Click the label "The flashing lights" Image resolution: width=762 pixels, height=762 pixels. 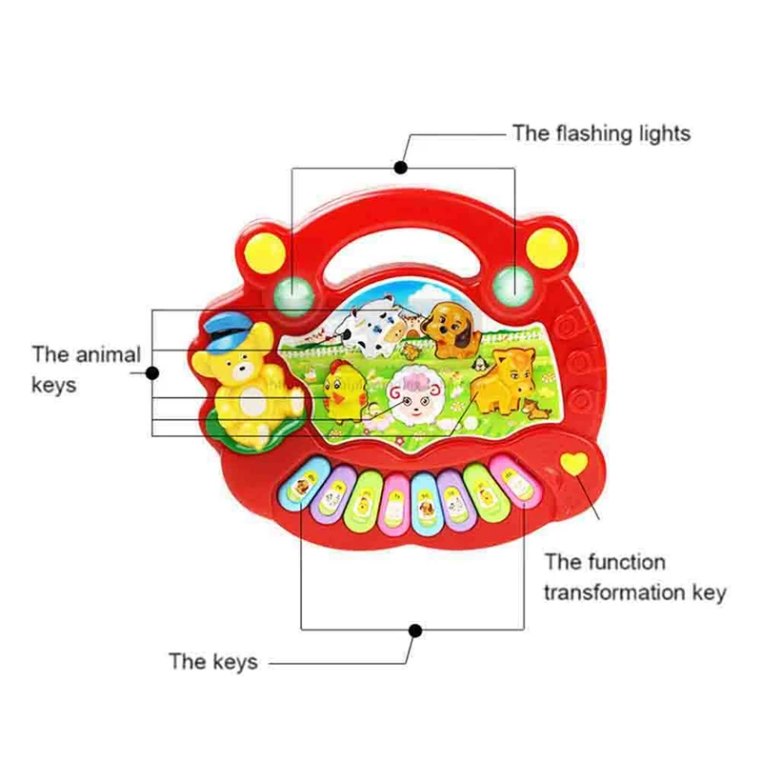601,133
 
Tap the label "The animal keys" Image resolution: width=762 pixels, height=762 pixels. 86,370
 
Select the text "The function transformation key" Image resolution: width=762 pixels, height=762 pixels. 635,577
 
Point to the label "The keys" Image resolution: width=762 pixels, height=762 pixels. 212,661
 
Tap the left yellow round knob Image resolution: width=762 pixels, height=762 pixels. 265,252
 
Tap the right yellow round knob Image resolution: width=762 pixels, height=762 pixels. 547,248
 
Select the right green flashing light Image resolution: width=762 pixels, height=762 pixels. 513,287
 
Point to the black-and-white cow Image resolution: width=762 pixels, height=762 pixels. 371,327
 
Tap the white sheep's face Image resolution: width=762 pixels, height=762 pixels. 415,398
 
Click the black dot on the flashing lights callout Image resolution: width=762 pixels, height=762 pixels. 400,168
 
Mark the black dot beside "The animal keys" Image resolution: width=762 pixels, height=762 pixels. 152,373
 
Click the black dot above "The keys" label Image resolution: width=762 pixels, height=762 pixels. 415,631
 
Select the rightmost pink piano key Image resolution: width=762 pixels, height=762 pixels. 512,480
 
